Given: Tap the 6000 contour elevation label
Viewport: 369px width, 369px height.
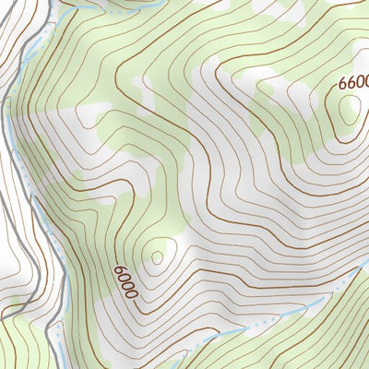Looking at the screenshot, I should pyautogui.click(x=125, y=281).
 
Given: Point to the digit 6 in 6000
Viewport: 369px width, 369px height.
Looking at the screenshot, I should pyautogui.click(x=121, y=269).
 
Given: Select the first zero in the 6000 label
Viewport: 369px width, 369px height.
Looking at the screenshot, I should pyautogui.click(x=124, y=277).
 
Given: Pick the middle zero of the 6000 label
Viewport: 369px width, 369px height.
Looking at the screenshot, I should pyautogui.click(x=127, y=285).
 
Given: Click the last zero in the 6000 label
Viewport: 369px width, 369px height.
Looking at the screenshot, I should pyautogui.click(x=131, y=293).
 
